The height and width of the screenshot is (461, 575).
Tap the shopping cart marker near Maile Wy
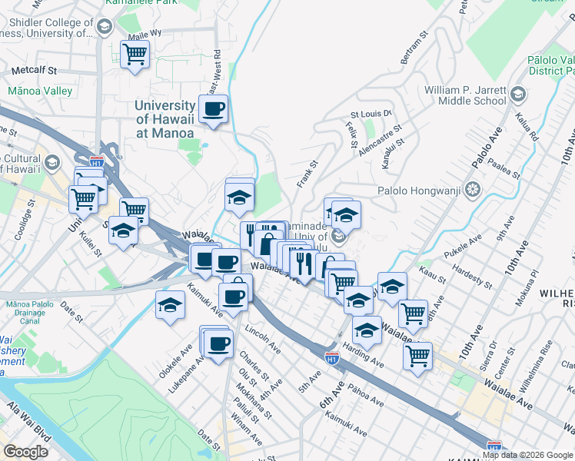coord(135,55)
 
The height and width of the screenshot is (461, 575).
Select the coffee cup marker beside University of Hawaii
coord(214,109)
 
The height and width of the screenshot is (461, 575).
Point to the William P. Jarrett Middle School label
coord(465,95)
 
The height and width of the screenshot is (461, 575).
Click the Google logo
coord(25,452)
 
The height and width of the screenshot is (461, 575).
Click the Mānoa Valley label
coord(40,91)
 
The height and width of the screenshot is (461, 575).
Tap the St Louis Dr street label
coord(371,114)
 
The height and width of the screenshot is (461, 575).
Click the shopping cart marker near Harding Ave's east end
coord(417,356)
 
